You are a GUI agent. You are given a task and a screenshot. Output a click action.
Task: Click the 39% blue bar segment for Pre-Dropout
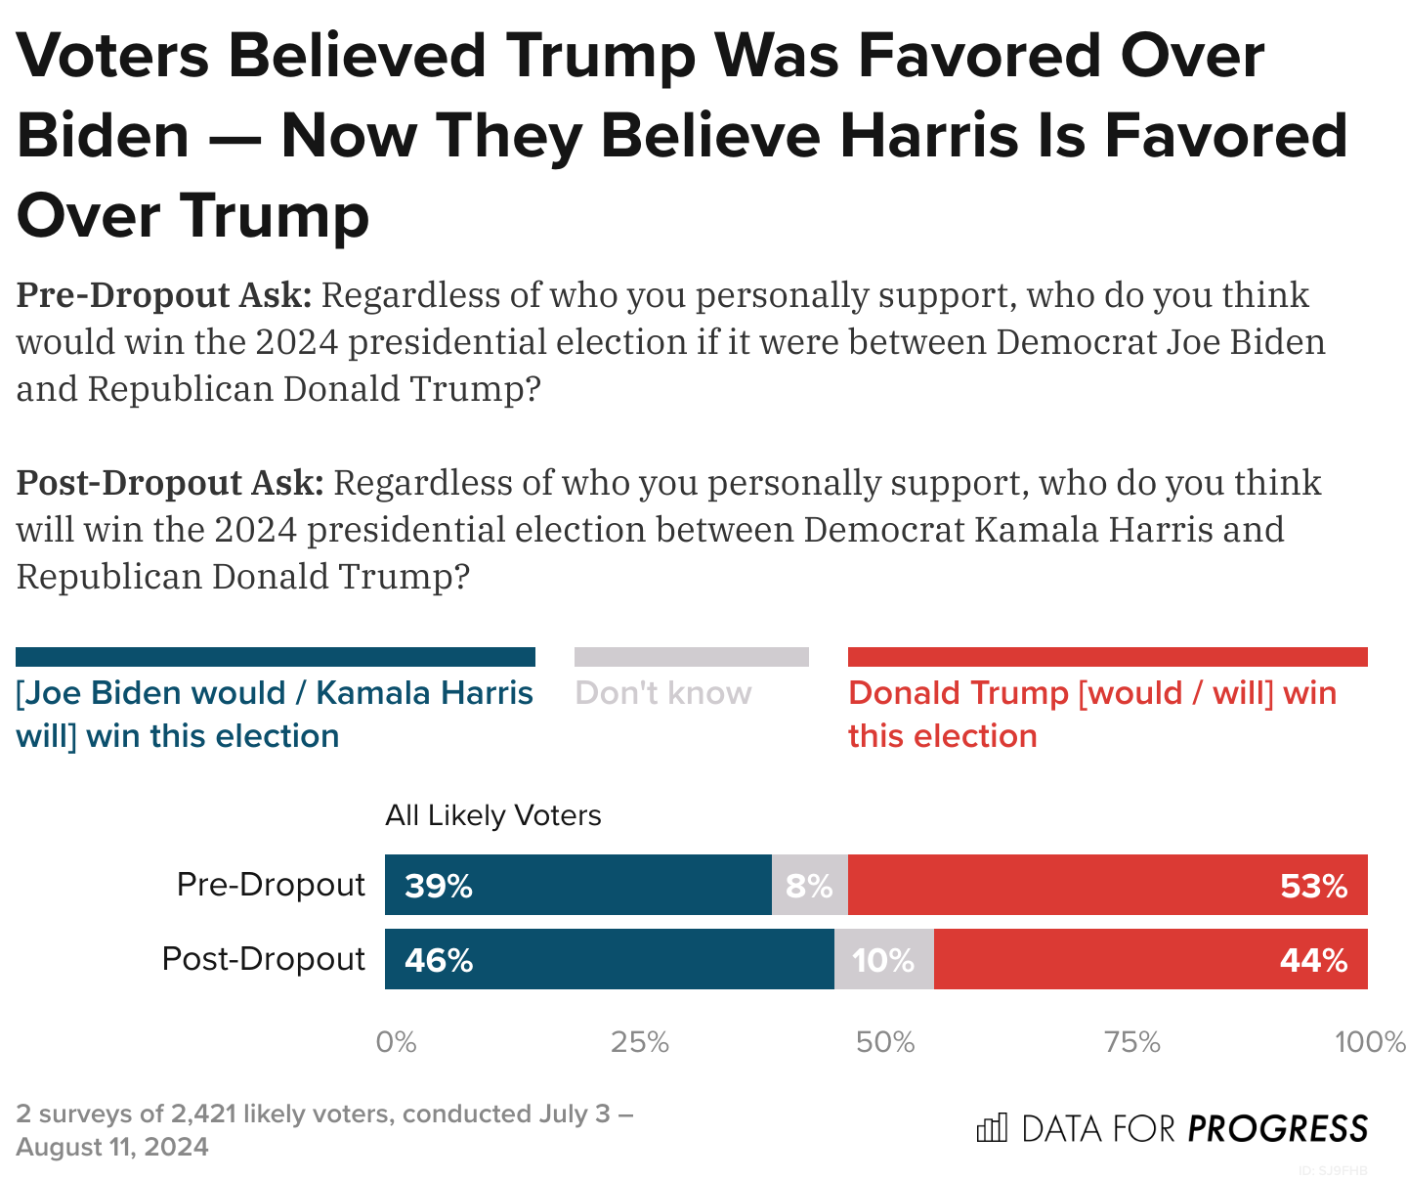(577, 885)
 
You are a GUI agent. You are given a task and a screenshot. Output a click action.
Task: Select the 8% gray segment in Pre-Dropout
(809, 885)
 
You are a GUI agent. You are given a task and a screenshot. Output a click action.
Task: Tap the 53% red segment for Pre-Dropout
(1107, 885)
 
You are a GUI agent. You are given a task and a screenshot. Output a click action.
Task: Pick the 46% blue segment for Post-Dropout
(609, 959)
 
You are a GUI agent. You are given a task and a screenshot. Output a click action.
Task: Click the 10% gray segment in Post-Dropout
(883, 959)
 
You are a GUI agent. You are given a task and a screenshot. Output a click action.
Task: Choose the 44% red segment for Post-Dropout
(1150, 959)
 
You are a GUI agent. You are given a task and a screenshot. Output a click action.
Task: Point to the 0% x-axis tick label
(396, 1042)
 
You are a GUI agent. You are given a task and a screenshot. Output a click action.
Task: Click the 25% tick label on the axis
(640, 1042)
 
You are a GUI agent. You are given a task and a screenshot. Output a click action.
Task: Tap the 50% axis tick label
(885, 1042)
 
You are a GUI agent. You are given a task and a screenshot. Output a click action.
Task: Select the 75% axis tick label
(1131, 1042)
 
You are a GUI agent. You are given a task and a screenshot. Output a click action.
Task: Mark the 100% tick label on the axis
(1370, 1042)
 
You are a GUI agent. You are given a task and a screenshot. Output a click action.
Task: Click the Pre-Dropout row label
(271, 885)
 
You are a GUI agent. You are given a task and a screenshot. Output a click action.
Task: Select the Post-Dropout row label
(264, 959)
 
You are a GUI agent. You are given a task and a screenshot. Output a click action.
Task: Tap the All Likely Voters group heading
(492, 815)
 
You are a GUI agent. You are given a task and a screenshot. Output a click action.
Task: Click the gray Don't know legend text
(663, 693)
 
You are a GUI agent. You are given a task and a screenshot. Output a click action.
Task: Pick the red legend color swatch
(1107, 657)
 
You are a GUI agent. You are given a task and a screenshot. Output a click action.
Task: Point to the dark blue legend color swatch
(276, 657)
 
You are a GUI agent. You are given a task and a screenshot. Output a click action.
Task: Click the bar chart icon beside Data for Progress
(992, 1128)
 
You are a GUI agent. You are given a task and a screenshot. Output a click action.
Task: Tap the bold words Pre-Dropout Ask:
(163, 295)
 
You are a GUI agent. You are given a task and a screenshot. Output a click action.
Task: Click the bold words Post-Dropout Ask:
(169, 483)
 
